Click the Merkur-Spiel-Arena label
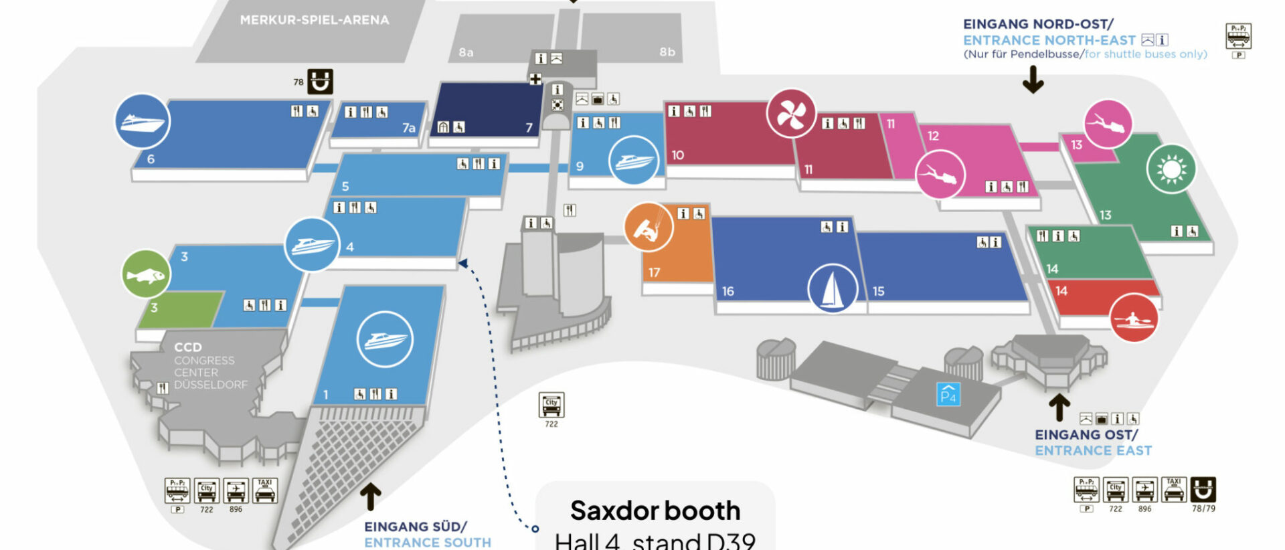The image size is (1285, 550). pyautogui.click(x=315, y=20)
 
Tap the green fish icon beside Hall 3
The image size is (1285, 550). pyautogui.click(x=146, y=274)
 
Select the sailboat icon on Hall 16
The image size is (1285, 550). pyautogui.click(x=833, y=289)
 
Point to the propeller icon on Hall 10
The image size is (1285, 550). pyautogui.click(x=791, y=114)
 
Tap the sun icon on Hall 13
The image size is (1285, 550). pyautogui.click(x=1171, y=169)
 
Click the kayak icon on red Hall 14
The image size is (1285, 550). pyautogui.click(x=1134, y=318)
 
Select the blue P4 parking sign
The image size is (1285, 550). pyautogui.click(x=948, y=394)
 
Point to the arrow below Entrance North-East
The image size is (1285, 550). pyautogui.click(x=1033, y=80)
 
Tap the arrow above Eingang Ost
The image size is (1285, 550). pyautogui.click(x=1059, y=407)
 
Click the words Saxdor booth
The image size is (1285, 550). pyautogui.click(x=655, y=511)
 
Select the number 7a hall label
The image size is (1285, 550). pyautogui.click(x=408, y=128)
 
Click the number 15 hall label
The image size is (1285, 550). pyautogui.click(x=878, y=291)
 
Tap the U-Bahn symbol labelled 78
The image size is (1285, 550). pyautogui.click(x=320, y=82)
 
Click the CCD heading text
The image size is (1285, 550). pyautogui.click(x=187, y=347)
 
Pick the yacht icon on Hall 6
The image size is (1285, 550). pyautogui.click(x=142, y=122)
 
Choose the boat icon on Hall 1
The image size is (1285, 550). pyautogui.click(x=384, y=339)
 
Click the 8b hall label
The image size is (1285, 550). pyautogui.click(x=667, y=52)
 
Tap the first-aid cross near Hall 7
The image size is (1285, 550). pyautogui.click(x=535, y=79)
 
